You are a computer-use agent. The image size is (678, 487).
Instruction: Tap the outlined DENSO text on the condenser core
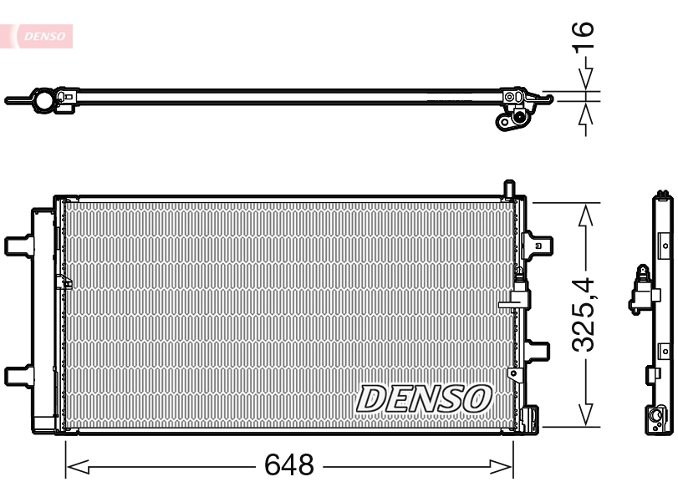[425, 398]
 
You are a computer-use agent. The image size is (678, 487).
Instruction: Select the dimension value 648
[288, 464]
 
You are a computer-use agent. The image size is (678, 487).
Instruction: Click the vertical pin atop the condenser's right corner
[507, 189]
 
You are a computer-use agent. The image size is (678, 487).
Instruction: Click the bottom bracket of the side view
[660, 417]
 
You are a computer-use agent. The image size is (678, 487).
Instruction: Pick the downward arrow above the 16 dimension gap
[586, 78]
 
